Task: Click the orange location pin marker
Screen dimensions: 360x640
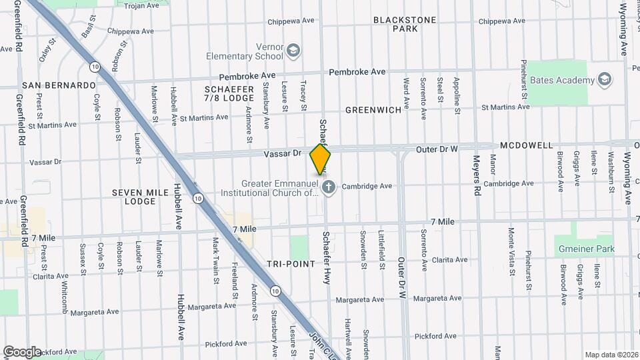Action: click(x=320, y=159)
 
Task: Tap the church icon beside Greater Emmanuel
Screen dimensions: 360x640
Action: click(x=328, y=188)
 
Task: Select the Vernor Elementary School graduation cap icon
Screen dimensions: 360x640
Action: click(x=293, y=51)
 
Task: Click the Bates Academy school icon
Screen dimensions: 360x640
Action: click(x=605, y=81)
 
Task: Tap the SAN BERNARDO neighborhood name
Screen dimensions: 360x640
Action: click(x=59, y=85)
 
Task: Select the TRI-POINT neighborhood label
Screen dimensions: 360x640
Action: click(x=290, y=264)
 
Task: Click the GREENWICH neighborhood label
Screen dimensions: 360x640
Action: click(x=373, y=109)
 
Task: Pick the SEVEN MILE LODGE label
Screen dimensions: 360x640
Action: click(x=133, y=197)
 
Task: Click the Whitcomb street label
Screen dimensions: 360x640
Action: click(x=65, y=296)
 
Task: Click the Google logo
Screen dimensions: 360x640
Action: click(x=22, y=351)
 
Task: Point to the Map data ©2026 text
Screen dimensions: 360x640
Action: click(x=611, y=355)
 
